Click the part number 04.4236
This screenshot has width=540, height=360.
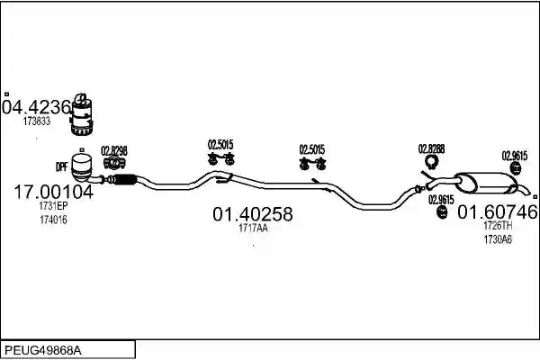[x=37, y=107]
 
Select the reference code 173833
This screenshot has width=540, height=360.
[x=37, y=121]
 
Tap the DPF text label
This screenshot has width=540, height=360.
[x=61, y=167]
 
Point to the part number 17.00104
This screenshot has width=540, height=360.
[x=53, y=192]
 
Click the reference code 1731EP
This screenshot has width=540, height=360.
[x=53, y=206]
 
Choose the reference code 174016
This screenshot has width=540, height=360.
[x=53, y=220]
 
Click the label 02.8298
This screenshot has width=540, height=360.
[x=114, y=151]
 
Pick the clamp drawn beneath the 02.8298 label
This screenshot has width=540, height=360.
[x=114, y=163]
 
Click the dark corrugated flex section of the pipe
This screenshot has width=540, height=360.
[x=125, y=179]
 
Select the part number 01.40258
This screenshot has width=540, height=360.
[x=253, y=214]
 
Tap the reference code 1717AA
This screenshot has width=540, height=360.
[x=253, y=228]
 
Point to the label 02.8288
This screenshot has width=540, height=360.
[x=431, y=148]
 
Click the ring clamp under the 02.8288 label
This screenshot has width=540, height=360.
[x=431, y=162]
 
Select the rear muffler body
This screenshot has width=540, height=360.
[x=486, y=183]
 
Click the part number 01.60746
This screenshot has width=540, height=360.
[x=498, y=211]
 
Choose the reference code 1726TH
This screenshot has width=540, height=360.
[x=498, y=226]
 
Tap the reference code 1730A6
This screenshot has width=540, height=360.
[x=498, y=239]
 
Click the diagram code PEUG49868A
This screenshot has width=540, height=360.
[x=43, y=351]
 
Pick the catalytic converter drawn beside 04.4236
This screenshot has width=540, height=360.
[x=82, y=114]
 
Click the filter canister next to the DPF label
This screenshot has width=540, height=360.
[x=83, y=167]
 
